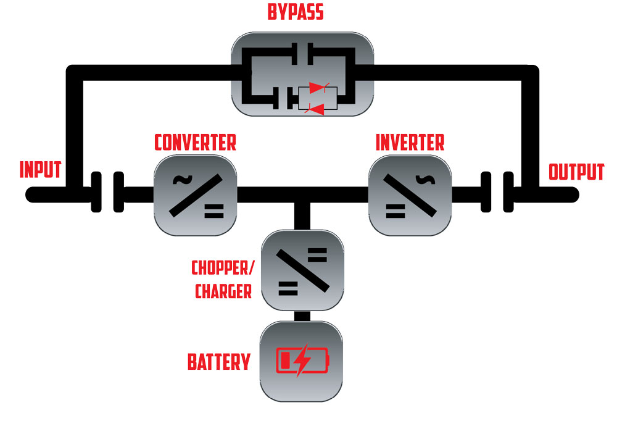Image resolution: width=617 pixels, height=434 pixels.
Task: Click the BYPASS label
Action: coord(296,12)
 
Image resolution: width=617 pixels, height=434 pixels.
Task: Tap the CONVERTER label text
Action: coord(195,143)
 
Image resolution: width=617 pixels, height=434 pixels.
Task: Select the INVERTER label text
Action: coord(410,143)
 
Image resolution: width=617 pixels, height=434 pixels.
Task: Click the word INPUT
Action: coord(41,170)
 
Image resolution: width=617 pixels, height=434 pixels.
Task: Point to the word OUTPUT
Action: coord(576,172)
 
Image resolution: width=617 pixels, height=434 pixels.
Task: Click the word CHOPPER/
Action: coord(223,268)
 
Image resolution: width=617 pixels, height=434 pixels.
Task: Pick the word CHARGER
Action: coord(223,291)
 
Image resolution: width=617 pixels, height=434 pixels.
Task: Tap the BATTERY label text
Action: coord(219,362)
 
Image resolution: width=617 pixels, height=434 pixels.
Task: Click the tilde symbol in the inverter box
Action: coord(425,180)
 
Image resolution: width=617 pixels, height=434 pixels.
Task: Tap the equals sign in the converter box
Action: coord(214,211)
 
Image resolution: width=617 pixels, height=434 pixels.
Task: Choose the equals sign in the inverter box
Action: coord(395,211)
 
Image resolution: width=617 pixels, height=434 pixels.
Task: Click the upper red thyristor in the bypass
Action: coord(318,88)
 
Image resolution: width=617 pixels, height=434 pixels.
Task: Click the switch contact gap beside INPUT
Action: coord(107,192)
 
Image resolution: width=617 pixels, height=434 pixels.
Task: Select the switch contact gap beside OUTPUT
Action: coord(497,192)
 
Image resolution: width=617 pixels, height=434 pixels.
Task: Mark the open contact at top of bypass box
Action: coord(302,54)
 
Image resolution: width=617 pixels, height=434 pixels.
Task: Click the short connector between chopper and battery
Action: coord(302,316)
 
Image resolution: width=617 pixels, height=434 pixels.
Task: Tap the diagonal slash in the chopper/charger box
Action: coord(302,270)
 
